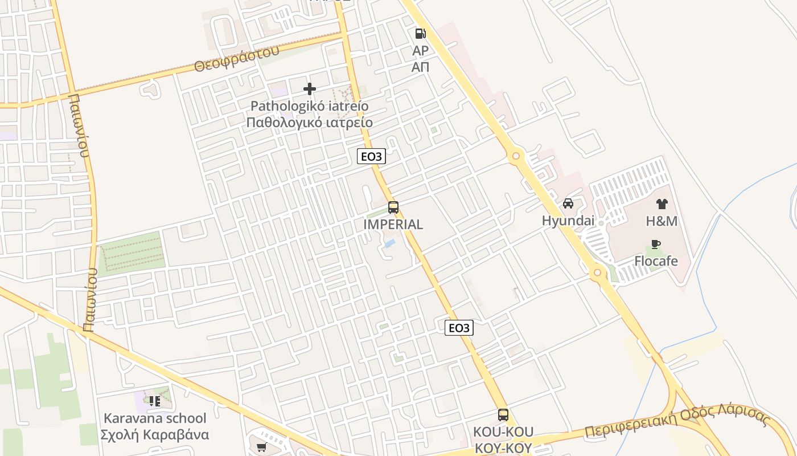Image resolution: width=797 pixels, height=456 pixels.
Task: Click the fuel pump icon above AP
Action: (x=420, y=34)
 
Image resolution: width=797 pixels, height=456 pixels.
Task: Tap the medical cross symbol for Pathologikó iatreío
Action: (x=310, y=89)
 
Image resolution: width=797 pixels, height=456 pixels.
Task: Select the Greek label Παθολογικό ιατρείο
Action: (x=310, y=123)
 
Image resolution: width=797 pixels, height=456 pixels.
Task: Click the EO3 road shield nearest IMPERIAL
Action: (x=371, y=156)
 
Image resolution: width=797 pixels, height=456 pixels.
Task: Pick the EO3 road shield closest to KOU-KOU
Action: (x=459, y=328)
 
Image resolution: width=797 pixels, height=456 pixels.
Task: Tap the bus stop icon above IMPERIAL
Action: (x=393, y=207)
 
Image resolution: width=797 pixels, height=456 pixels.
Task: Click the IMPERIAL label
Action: (x=393, y=225)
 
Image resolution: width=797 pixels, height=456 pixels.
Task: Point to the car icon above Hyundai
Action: (x=568, y=203)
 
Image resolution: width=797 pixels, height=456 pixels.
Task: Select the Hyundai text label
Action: (x=568, y=221)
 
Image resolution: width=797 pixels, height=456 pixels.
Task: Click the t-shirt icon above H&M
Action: (x=662, y=203)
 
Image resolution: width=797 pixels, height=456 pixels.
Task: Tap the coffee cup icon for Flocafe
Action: (x=656, y=245)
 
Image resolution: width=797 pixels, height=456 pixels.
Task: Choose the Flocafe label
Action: (x=656, y=262)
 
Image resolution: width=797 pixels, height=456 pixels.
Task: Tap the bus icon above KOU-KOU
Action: (x=503, y=414)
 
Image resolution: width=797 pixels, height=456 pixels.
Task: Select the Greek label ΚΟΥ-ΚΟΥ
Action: (x=503, y=449)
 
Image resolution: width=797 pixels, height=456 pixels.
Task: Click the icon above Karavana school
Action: (x=155, y=401)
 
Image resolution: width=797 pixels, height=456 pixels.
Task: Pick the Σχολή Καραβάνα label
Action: (x=155, y=435)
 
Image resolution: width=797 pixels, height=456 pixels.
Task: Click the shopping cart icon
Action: (x=261, y=447)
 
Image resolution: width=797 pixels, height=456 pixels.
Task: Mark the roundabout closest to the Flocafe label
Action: (x=597, y=272)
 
